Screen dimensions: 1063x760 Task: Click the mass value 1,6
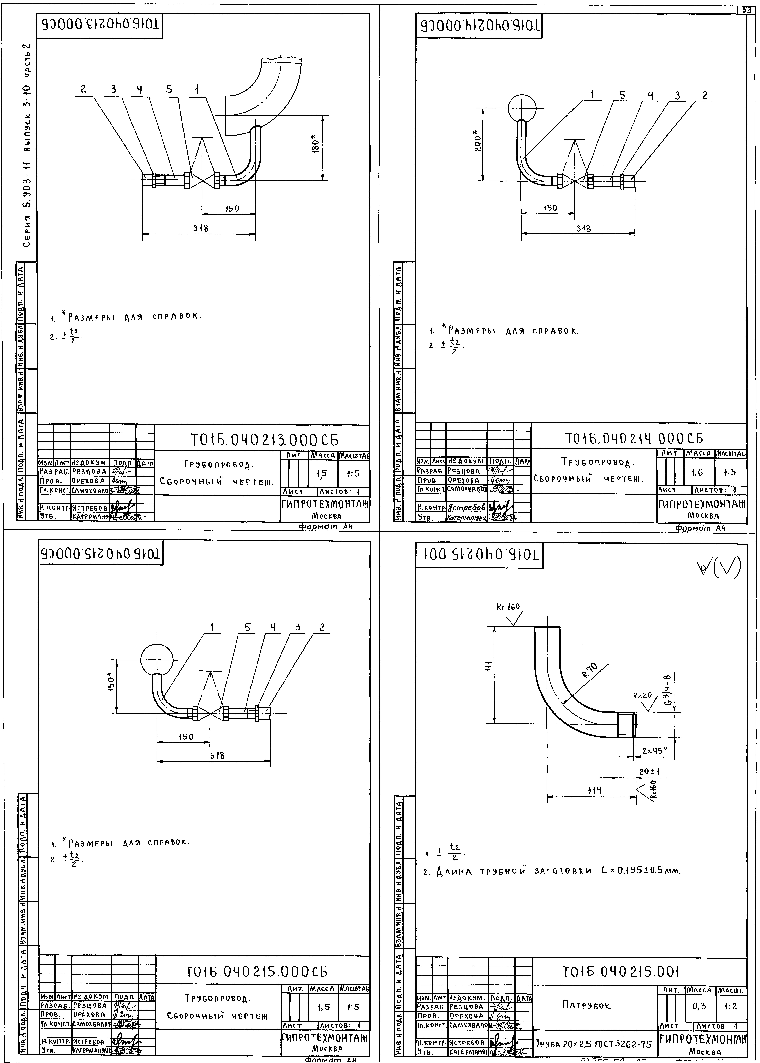click(x=697, y=473)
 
